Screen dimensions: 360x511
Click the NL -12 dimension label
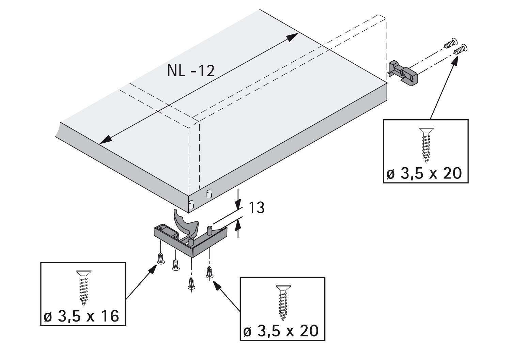pos(191,71)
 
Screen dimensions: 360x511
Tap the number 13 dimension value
pos(256,208)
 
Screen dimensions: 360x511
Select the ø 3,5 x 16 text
pos(82,317)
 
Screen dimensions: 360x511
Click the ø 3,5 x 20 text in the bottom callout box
pos(281,331)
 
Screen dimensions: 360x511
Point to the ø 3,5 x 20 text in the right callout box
pos(424,174)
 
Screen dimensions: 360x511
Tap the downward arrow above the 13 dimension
pos(238,204)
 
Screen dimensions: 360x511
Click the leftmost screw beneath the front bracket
pos(160,259)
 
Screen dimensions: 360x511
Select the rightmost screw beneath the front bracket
pos(209,272)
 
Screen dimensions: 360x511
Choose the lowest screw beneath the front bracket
pos(191,283)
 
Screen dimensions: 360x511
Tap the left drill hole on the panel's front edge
pos(191,204)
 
